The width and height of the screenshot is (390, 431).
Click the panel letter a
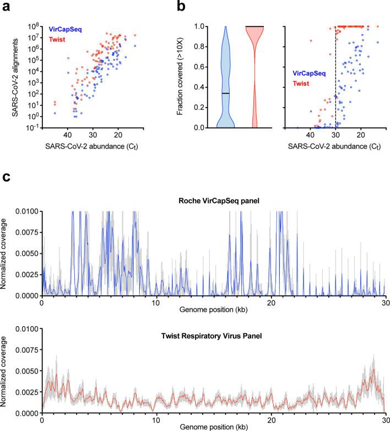[x=5, y=6]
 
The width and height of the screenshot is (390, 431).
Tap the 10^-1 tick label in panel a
[x=33, y=127]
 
